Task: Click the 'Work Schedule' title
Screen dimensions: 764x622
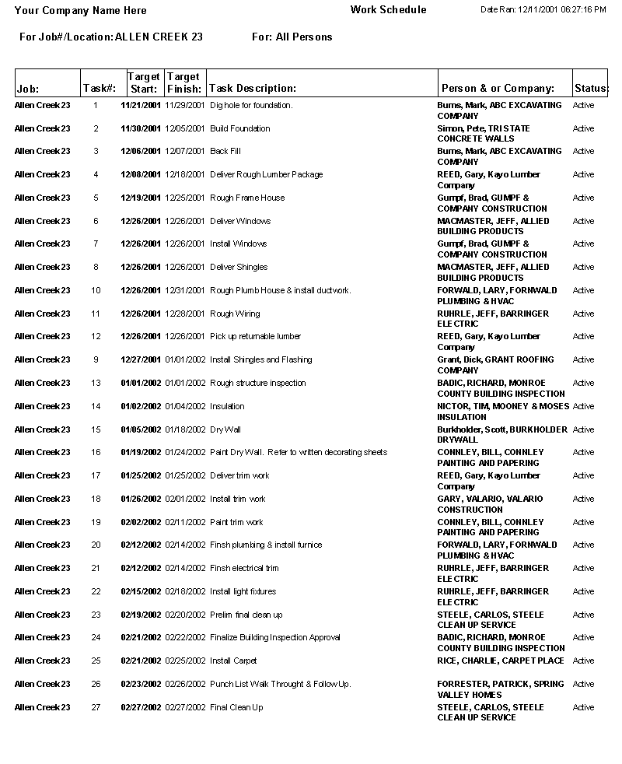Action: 388,10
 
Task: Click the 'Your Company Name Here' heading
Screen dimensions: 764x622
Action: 80,11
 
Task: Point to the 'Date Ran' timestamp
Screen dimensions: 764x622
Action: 543,9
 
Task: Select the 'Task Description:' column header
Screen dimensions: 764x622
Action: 253,89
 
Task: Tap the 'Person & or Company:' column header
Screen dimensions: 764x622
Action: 498,89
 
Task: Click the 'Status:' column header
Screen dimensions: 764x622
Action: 591,89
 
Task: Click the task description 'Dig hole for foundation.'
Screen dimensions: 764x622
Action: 251,105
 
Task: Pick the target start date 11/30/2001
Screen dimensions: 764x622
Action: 141,128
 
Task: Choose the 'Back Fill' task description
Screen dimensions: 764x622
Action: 225,151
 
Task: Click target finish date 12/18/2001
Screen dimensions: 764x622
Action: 185,174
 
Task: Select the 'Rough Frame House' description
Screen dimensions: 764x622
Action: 247,198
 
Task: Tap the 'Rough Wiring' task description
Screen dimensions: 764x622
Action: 235,314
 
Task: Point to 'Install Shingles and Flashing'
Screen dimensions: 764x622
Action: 261,359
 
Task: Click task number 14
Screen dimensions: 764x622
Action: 96,406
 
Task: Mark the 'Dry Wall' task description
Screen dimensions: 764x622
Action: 225,429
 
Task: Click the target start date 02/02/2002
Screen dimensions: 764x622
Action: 141,522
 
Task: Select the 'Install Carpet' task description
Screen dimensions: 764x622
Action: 233,661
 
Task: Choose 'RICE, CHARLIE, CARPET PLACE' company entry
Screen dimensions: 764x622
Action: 501,661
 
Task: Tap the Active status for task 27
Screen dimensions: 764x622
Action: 583,707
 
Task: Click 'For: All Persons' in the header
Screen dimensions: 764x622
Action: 292,37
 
